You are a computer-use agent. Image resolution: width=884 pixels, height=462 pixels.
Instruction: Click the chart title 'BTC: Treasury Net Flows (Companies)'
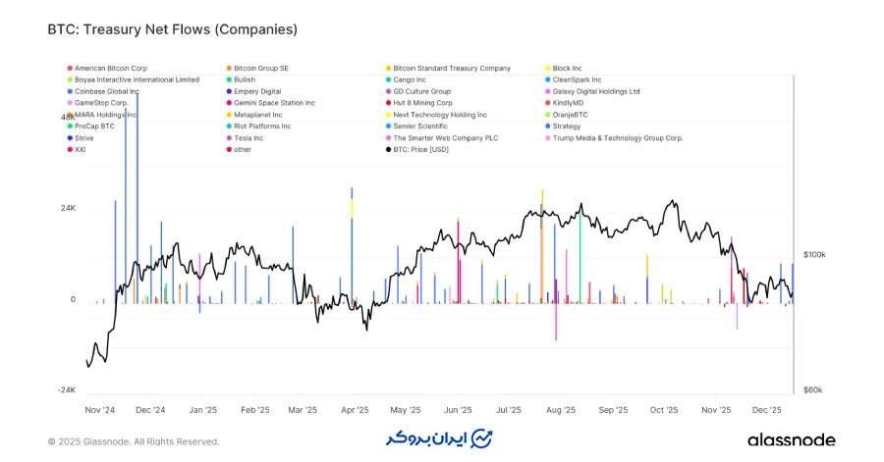tap(172, 29)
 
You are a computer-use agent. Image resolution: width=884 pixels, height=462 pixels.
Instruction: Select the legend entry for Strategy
tap(566, 127)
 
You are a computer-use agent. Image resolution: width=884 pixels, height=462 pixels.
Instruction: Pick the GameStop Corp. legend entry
tap(101, 103)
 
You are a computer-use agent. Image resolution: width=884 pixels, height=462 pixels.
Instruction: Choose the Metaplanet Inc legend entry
tap(257, 115)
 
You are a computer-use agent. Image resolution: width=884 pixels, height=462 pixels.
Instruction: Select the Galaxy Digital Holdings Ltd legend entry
tap(595, 91)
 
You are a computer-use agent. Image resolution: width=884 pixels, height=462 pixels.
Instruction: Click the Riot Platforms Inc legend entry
tap(262, 127)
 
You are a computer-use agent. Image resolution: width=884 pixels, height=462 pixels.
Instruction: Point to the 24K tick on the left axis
tap(68, 209)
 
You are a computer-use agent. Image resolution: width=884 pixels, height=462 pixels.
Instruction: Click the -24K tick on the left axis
tap(66, 389)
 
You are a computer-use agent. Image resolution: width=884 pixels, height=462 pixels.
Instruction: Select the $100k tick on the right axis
tap(814, 255)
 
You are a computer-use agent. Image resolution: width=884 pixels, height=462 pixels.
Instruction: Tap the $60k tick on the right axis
tap(812, 389)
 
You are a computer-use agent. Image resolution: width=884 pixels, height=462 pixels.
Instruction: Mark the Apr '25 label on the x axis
tap(354, 410)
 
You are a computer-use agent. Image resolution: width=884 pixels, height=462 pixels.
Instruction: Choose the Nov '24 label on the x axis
tap(100, 410)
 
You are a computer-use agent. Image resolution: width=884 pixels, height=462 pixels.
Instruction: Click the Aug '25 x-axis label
tap(560, 410)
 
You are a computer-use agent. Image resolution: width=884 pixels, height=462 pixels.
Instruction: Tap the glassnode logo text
tap(791, 440)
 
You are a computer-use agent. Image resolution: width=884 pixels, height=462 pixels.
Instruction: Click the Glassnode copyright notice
tap(134, 441)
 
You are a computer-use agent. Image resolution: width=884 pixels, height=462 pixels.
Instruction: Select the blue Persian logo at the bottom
tap(439, 437)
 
